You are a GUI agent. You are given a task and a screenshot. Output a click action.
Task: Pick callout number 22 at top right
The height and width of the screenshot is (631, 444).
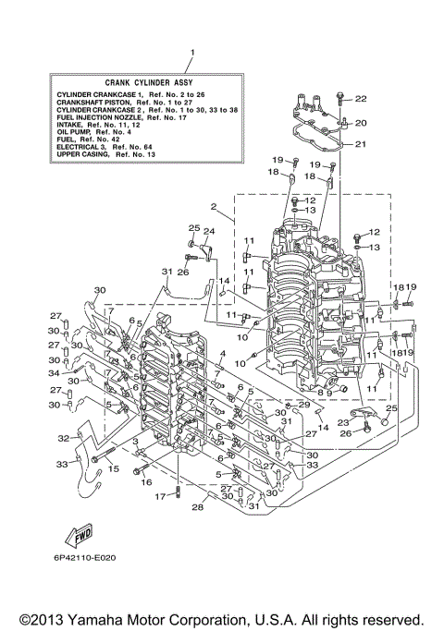(361, 99)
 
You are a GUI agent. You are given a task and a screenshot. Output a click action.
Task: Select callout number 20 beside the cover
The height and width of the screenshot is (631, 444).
(361, 122)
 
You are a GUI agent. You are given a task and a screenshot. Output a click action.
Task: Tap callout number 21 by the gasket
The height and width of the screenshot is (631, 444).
(361, 143)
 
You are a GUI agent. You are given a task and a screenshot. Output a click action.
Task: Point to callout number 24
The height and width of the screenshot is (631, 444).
(209, 231)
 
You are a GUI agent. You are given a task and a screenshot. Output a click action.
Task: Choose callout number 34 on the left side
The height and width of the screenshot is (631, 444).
(54, 373)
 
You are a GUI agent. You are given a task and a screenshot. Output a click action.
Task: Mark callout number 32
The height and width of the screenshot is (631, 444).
(64, 438)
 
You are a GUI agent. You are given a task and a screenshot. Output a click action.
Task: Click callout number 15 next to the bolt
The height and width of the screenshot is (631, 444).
(114, 469)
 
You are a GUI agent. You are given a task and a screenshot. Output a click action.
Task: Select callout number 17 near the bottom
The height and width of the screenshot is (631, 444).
(158, 496)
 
